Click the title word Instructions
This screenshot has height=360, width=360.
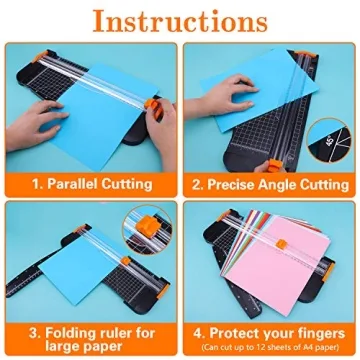click(180, 22)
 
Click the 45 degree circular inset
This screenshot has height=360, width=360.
click(335, 127)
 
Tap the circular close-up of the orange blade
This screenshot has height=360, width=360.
click(145, 227)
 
